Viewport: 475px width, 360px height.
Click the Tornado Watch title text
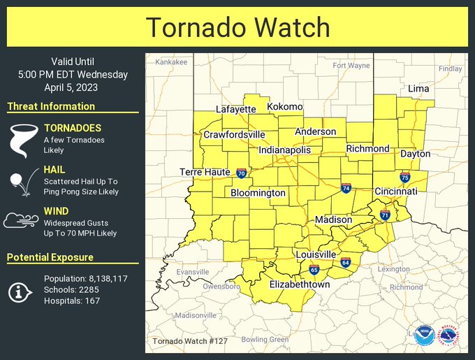(237, 27)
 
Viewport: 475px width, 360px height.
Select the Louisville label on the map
(315, 254)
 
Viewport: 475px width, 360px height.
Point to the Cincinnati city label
(396, 191)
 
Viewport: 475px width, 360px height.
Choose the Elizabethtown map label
(300, 285)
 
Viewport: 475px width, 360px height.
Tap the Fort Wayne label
(351, 66)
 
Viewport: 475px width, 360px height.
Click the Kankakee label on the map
(171, 62)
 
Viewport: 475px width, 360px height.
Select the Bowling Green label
(265, 340)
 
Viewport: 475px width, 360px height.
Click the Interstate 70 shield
(241, 173)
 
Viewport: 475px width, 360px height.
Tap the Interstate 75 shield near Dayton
(404, 178)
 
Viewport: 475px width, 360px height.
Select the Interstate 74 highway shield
(346, 188)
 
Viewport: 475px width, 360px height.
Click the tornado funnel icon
(22, 141)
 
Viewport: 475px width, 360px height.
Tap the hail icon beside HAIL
(22, 181)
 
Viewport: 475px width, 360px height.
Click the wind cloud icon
(22, 221)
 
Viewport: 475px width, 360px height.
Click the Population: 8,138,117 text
(85, 278)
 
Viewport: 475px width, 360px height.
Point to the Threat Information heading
(51, 106)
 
